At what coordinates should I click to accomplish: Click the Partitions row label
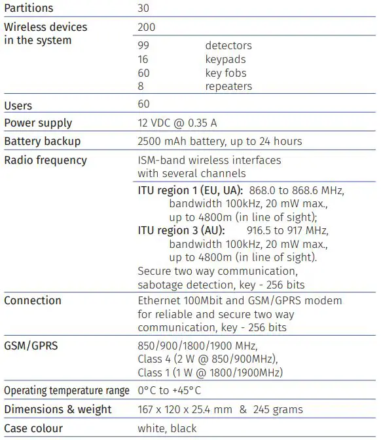click(x=29, y=9)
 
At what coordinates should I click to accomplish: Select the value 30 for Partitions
click(x=144, y=9)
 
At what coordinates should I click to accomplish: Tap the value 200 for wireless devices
click(x=147, y=28)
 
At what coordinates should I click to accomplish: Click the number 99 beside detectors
click(x=144, y=46)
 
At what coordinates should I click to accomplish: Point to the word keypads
click(x=227, y=60)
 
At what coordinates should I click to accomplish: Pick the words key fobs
click(x=226, y=73)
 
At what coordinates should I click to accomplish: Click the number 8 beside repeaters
click(x=140, y=86)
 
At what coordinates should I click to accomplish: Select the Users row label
click(x=18, y=106)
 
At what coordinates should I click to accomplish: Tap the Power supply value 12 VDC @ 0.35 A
click(x=183, y=123)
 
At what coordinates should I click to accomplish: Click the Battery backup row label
click(x=43, y=142)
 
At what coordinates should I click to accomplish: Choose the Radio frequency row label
click(x=45, y=160)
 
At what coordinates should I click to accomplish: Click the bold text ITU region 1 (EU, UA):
click(x=190, y=190)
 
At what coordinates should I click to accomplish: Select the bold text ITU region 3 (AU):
click(x=181, y=231)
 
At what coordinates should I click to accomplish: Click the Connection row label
click(x=33, y=300)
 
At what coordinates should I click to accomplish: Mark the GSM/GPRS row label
click(x=31, y=346)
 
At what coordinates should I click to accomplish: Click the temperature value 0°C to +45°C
click(x=169, y=391)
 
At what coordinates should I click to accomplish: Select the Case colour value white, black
click(x=167, y=429)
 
